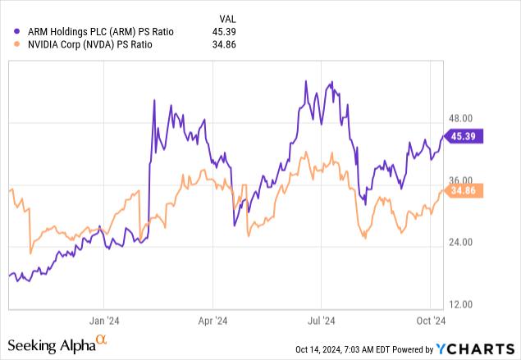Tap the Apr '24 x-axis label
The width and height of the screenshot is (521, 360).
click(x=213, y=321)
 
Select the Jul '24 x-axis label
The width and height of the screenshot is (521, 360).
click(x=321, y=321)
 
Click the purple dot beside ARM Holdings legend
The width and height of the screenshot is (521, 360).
click(x=17, y=31)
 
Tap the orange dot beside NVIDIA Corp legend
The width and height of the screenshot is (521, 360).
click(x=17, y=45)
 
